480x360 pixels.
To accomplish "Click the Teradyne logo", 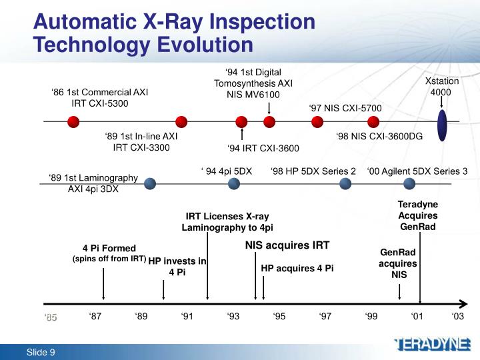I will pyautogui.click(x=432, y=345).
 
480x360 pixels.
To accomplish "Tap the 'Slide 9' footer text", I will pyautogui.click(x=41, y=352).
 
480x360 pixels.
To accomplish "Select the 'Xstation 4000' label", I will pyautogui.click(x=442, y=87).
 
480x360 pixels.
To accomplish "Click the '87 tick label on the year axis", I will pyautogui.click(x=95, y=317).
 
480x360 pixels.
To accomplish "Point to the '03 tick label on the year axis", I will pyautogui.click(x=457, y=317).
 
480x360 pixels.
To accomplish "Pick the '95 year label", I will pyautogui.click(x=279, y=317).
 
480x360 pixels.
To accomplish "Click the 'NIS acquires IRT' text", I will pyautogui.click(x=287, y=245).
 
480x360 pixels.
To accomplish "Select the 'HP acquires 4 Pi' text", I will pyautogui.click(x=297, y=268).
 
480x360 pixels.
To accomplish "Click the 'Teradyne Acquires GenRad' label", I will pyautogui.click(x=417, y=215).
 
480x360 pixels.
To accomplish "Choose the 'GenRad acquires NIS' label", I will pyautogui.click(x=398, y=263).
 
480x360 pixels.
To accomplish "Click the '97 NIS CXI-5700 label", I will pyautogui.click(x=345, y=108).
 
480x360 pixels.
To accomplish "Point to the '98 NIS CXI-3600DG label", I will pyautogui.click(x=379, y=136).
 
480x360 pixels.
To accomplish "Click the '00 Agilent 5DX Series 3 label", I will pyautogui.click(x=417, y=171).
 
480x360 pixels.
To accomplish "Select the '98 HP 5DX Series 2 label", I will pyautogui.click(x=313, y=171).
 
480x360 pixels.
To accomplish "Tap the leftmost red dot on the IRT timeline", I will pyautogui.click(x=73, y=121).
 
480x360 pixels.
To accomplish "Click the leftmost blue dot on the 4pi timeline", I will pyautogui.click(x=150, y=183).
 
